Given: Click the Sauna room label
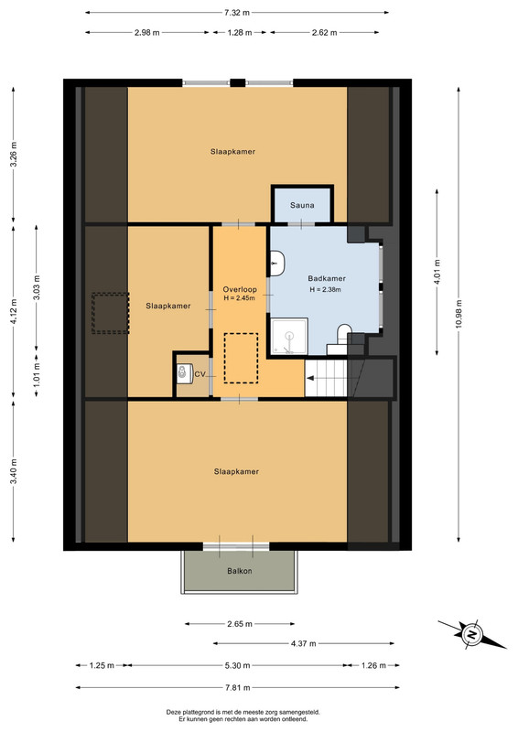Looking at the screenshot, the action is coord(302,205).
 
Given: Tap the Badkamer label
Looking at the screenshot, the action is coord(327,279).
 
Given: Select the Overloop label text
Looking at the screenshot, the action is coord(240,289).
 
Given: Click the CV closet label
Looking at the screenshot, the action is coord(200,374).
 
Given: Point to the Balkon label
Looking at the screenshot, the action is coord(240,571).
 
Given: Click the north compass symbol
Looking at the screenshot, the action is coord(471,634).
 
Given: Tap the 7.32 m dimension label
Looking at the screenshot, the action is coord(237,13).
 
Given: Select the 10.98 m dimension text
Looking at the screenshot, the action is coord(458,313).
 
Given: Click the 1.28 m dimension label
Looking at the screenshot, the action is coord(240,33).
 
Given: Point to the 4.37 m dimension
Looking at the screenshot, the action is coord(304,643).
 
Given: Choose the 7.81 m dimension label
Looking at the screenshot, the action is coord(237,688).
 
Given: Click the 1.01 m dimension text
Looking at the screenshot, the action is coord(37,375).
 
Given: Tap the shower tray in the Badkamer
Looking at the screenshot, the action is coord(289,336).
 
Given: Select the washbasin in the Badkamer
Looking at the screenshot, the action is coord(277,264).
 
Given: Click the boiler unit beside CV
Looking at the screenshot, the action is coord(184,373).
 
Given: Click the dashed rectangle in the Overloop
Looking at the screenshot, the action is coord(241,358).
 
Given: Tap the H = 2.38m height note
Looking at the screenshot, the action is coord(325,289).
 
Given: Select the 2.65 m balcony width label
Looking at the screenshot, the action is coord(240,624).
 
